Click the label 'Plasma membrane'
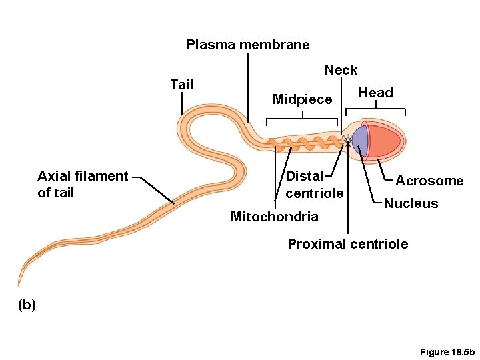(x=248, y=45)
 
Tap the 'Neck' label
(x=341, y=70)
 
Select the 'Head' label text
(x=376, y=93)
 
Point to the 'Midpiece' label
(x=302, y=99)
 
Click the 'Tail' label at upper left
(x=182, y=85)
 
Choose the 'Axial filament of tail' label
(x=83, y=185)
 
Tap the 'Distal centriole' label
(x=314, y=185)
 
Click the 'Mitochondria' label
(x=274, y=216)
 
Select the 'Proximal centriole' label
(x=347, y=244)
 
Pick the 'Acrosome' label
(x=429, y=181)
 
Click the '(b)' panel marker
(x=27, y=305)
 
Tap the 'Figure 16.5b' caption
(x=447, y=351)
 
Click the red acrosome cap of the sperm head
(x=387, y=141)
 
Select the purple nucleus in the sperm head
(x=361, y=141)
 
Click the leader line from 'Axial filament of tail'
(x=153, y=190)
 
